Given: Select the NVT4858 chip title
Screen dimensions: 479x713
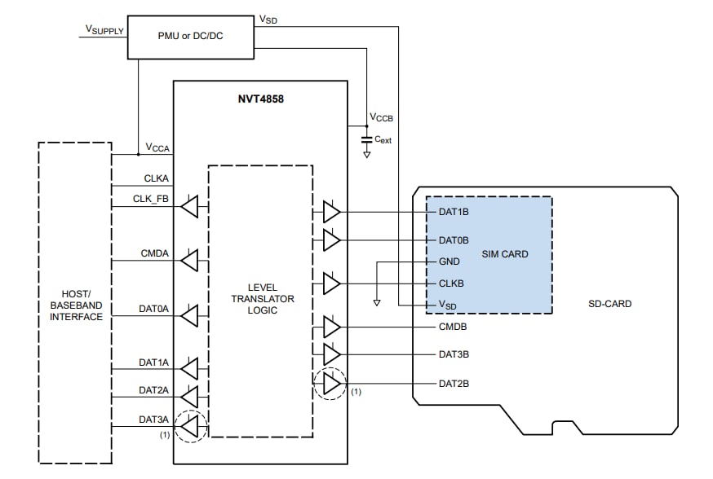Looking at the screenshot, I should pyautogui.click(x=260, y=99).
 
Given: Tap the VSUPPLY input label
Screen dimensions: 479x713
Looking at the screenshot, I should pyautogui.click(x=104, y=29).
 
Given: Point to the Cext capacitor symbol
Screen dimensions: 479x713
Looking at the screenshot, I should pyautogui.click(x=367, y=140).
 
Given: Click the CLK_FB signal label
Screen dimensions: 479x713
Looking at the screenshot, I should pyautogui.click(x=153, y=199).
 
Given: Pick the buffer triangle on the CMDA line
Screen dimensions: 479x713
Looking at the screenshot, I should pyautogui.click(x=189, y=261).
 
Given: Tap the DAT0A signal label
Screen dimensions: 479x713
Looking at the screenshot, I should pyautogui.click(x=153, y=309).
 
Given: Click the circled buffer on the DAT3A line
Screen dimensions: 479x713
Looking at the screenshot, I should pyautogui.click(x=190, y=424).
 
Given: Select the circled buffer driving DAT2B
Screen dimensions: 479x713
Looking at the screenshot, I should pyautogui.click(x=331, y=383).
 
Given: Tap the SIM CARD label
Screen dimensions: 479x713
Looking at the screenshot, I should pyautogui.click(x=504, y=254).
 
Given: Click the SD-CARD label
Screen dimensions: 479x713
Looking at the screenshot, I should pyautogui.click(x=609, y=304).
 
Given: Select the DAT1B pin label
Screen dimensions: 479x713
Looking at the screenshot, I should pyautogui.click(x=454, y=212).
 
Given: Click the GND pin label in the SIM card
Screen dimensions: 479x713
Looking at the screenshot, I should pyautogui.click(x=449, y=262).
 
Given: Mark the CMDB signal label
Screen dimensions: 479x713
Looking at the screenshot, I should pyautogui.click(x=454, y=327).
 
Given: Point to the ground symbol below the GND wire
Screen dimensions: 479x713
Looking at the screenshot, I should pyautogui.click(x=376, y=302).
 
